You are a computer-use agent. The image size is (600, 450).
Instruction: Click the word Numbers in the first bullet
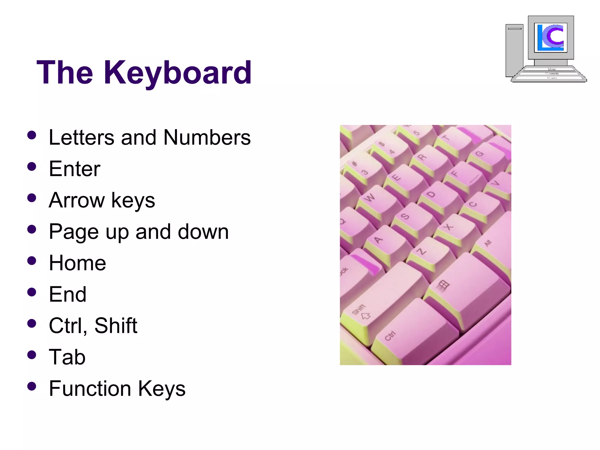coord(207,137)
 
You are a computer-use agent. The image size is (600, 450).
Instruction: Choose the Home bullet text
coord(77,263)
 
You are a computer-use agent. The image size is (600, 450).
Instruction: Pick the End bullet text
coord(68,294)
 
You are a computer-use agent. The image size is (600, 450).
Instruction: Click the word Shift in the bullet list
coord(116,325)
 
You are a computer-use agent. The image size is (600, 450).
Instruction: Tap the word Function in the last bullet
coord(90,388)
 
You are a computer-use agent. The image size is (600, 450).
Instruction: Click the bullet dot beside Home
coord(31,260)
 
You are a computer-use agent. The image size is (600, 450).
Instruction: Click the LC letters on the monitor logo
coord(550,37)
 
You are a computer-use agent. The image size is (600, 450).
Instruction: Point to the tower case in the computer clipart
coord(514,50)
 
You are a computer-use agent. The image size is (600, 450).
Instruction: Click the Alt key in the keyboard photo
coord(492,249)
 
